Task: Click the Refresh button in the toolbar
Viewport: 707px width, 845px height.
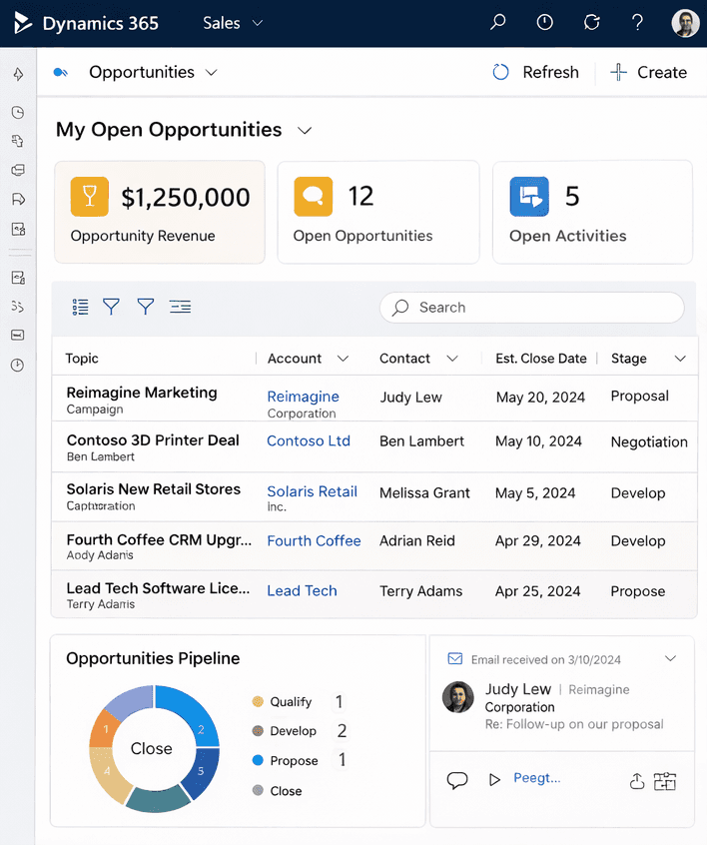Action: pos(536,72)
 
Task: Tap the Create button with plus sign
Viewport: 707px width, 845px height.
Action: pos(648,72)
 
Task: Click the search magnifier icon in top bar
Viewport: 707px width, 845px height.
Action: pos(497,23)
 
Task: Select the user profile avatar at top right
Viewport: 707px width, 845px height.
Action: pos(685,23)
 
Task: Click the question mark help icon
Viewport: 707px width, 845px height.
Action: pos(638,23)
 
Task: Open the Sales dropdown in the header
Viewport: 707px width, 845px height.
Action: pos(233,23)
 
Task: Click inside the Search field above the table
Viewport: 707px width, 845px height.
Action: pos(539,308)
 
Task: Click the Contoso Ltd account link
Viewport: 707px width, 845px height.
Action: pos(309,440)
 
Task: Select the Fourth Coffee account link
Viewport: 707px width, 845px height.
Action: pos(314,540)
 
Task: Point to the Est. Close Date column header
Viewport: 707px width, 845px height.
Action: pos(541,359)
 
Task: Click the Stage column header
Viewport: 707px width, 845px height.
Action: pos(629,359)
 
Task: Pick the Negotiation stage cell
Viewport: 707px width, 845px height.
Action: pos(649,441)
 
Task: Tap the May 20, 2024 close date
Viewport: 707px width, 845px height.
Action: pos(540,397)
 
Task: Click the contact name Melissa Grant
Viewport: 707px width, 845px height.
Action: pos(424,492)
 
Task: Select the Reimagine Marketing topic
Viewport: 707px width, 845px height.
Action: pos(142,393)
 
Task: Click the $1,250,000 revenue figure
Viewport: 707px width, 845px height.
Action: pos(186,198)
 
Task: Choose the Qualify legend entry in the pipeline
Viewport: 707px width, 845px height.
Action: pos(291,702)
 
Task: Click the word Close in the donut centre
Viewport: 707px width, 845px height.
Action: pos(152,748)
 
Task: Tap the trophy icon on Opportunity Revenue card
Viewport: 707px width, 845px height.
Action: pos(89,197)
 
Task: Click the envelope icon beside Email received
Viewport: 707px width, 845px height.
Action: pos(455,659)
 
